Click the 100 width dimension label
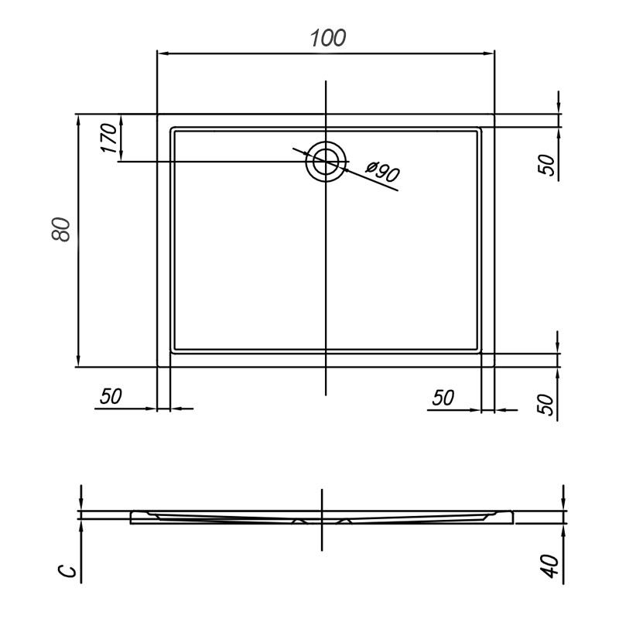tap(328, 38)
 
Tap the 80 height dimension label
tap(61, 229)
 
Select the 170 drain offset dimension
tap(109, 138)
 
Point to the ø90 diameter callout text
tap(382, 172)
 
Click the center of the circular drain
tap(326, 162)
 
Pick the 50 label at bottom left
tap(111, 396)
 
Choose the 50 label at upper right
tap(547, 164)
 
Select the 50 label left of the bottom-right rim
tap(443, 398)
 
